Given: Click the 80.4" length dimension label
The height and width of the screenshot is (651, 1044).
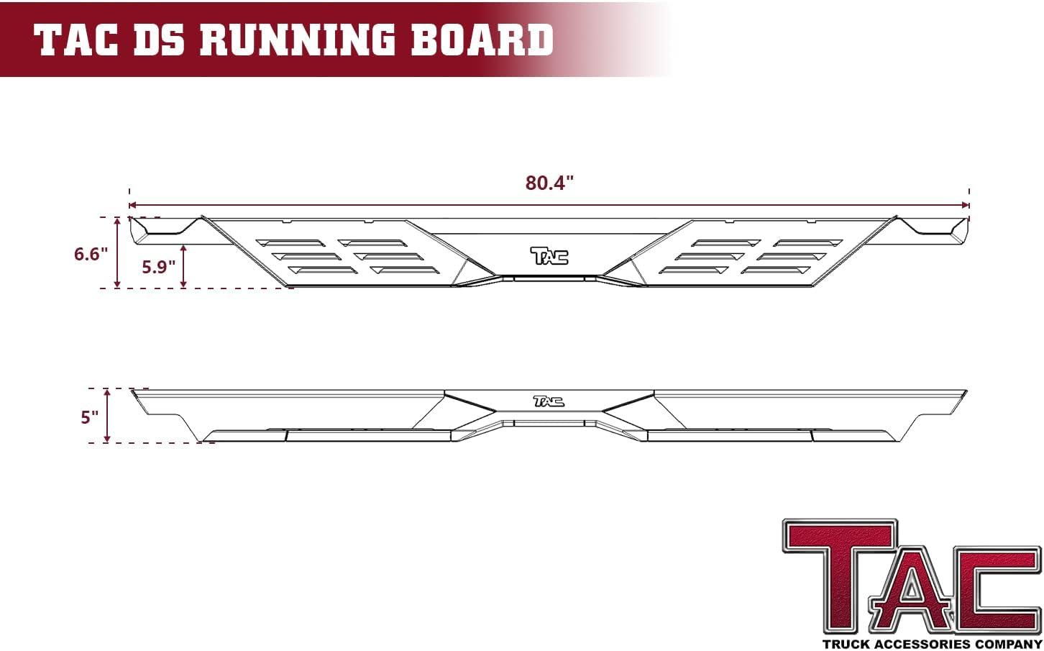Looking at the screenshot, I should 549,183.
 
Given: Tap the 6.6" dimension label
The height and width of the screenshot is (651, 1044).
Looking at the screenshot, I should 91,254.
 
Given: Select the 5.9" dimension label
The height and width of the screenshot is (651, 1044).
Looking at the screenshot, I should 158,267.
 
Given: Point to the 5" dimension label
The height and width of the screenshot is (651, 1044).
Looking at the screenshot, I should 89,417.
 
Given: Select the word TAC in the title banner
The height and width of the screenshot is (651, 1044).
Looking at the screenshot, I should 77,40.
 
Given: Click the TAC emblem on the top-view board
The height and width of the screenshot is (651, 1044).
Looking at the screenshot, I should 549,255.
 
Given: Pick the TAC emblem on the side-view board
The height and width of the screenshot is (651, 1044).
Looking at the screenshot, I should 549,401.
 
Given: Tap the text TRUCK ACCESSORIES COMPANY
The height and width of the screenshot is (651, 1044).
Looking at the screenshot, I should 932,643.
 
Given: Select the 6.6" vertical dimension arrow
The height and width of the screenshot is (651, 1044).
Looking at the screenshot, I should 116,252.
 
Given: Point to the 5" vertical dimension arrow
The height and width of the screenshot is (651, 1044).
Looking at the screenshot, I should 107,416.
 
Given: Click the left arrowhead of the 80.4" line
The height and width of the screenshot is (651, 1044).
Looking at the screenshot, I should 132,206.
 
